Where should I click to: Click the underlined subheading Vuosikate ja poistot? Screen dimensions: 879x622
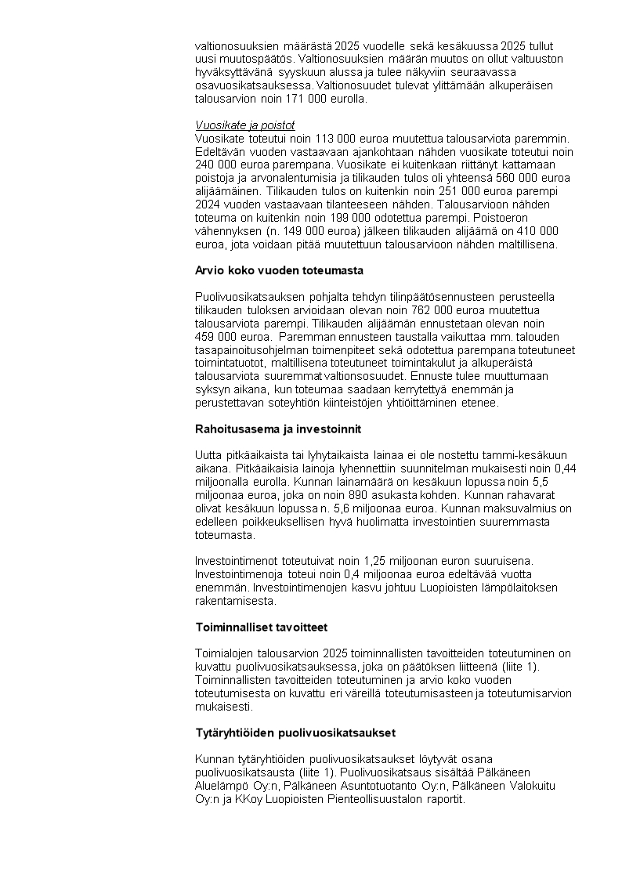244,125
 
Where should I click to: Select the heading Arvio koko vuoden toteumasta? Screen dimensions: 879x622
279,270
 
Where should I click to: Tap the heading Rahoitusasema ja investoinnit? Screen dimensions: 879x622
277,429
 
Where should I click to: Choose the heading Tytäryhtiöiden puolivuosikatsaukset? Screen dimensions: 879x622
295,732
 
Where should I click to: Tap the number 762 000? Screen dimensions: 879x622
379,310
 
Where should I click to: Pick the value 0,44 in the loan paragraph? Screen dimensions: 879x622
564,468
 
